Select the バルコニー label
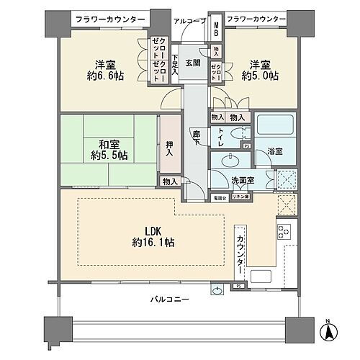click(170, 299)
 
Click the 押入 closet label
click(168, 148)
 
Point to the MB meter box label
click(215, 32)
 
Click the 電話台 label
click(220, 197)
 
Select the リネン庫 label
click(241, 197)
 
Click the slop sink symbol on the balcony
click(217, 290)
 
